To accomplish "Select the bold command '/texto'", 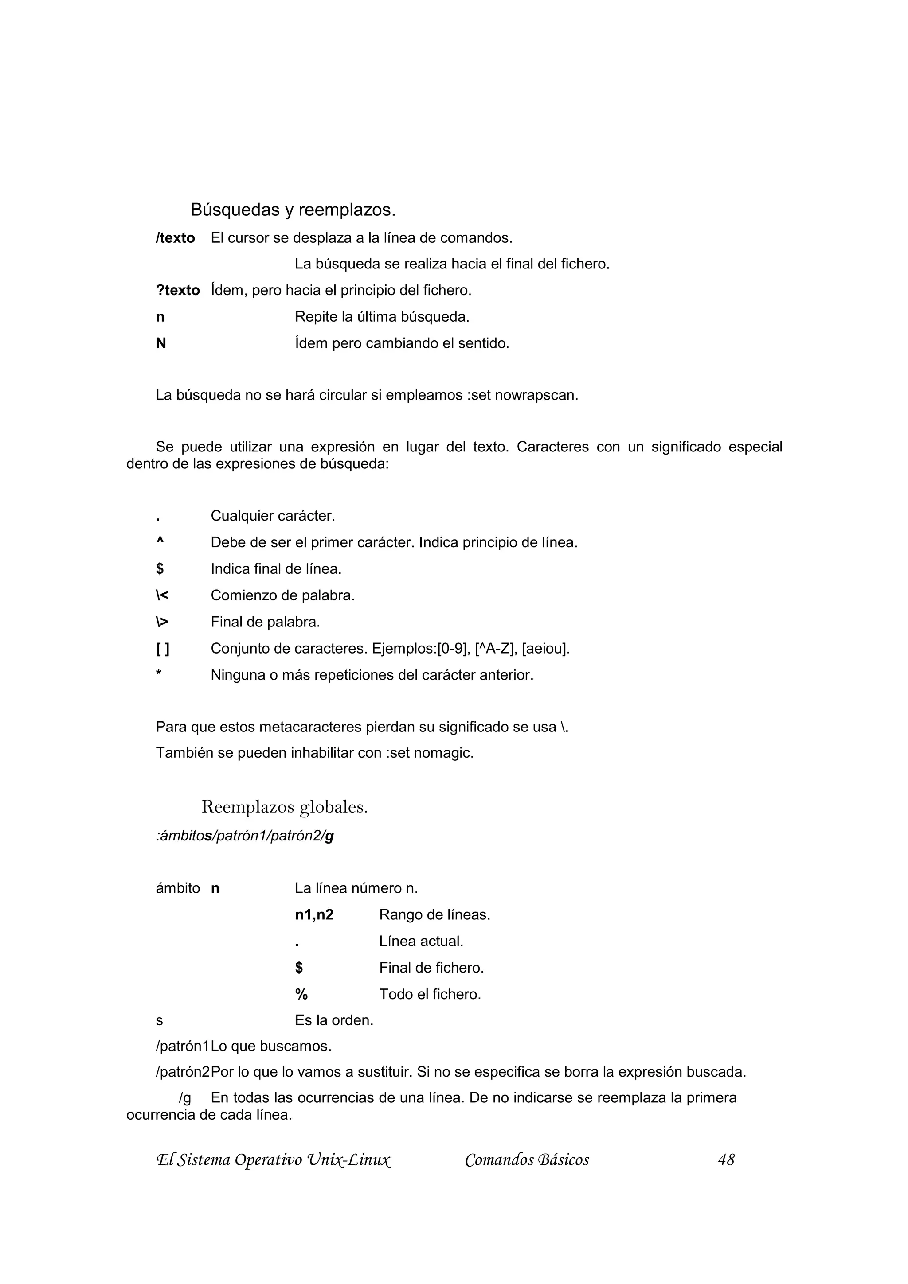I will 175,238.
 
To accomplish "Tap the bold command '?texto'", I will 177,290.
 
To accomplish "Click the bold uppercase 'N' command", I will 161,343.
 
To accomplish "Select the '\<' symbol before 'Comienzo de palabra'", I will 162,595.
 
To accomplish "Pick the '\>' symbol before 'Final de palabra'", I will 162,622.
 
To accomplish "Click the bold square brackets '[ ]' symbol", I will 162,649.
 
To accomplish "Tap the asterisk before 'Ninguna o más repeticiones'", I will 159,673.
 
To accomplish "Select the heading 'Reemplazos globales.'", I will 284,807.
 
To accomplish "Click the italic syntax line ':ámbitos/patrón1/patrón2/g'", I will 244,836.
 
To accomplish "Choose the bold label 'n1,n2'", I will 314,915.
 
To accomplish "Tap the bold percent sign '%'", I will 301,994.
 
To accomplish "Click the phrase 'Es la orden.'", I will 334,1021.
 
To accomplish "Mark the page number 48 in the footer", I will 726,1160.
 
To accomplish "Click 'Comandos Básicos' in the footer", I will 526,1160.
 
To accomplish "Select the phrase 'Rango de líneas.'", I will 434,915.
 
